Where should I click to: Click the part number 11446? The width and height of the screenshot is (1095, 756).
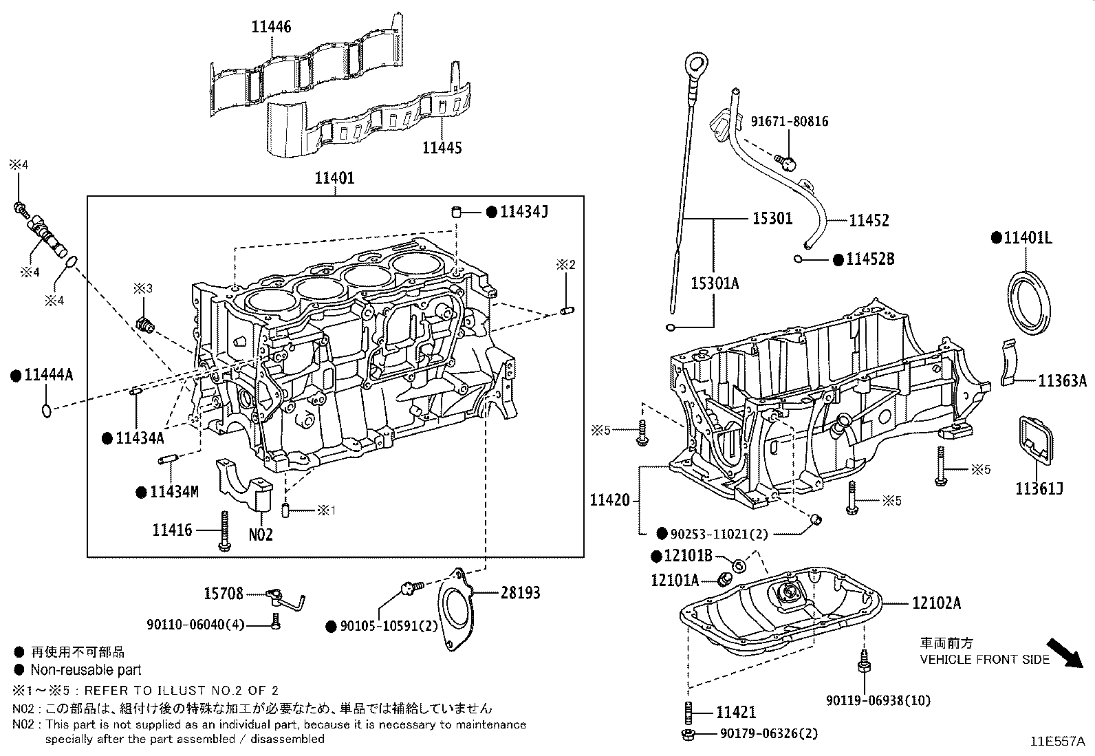click(x=271, y=27)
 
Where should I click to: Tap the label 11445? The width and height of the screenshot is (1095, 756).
click(x=442, y=147)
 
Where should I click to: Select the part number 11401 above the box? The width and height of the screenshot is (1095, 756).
click(x=335, y=178)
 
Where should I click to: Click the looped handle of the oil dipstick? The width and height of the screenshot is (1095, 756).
click(x=695, y=67)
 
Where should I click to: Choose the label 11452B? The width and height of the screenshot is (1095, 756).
click(x=870, y=259)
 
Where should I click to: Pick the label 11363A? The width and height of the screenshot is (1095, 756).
click(x=1062, y=380)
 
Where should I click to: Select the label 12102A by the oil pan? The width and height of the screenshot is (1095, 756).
click(x=937, y=603)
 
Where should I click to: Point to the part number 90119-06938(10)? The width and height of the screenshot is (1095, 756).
click(x=878, y=700)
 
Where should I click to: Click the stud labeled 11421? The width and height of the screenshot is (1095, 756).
click(x=688, y=710)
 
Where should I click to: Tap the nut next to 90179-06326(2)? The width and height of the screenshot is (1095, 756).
click(x=687, y=734)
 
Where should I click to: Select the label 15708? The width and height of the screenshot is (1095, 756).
click(x=224, y=593)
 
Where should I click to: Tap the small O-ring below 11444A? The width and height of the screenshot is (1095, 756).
click(x=46, y=411)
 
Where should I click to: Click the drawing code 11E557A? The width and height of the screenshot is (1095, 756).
click(x=1057, y=742)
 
